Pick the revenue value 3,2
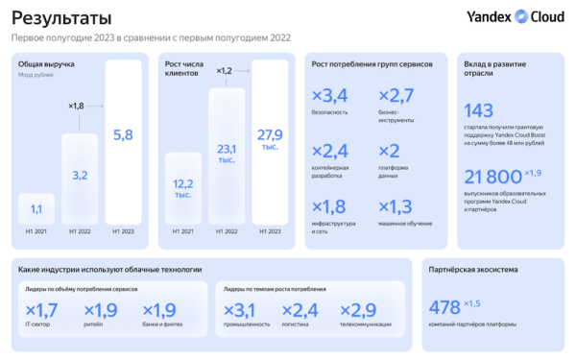[80, 176]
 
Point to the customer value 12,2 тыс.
[182, 187]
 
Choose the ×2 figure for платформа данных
[390, 151]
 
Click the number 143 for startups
[479, 110]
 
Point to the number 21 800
[492, 178]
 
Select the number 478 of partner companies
[444, 308]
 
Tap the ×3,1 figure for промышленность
[240, 310]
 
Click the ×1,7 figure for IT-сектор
[41, 310]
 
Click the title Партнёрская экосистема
[470, 270]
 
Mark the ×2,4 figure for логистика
[300, 310]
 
